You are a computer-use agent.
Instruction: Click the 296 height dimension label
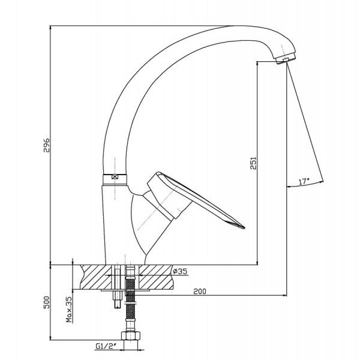pos(47,145)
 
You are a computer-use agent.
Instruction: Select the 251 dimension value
pos(253,163)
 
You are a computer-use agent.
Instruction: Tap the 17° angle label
pos(304,182)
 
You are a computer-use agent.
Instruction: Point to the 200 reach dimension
pos(200,291)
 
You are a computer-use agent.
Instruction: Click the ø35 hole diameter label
pos(180,271)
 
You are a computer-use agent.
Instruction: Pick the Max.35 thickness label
pos(69,309)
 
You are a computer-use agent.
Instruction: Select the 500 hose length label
pos(47,302)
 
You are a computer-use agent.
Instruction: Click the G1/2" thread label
pos(106,346)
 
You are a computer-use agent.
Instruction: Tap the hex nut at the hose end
pos(131,335)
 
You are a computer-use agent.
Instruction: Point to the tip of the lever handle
pos(244,227)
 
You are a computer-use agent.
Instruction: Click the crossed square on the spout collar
pos(115,177)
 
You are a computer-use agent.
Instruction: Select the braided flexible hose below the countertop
pos(130,298)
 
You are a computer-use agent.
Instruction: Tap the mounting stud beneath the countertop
pos(118,287)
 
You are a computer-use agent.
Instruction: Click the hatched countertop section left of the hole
pos(97,277)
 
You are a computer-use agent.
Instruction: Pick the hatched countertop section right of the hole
pos(155,277)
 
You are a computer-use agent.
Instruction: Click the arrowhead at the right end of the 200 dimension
pos(284,295)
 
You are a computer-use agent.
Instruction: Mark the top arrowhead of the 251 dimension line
pos(257,64)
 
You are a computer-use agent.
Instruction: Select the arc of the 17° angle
pos(305,185)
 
